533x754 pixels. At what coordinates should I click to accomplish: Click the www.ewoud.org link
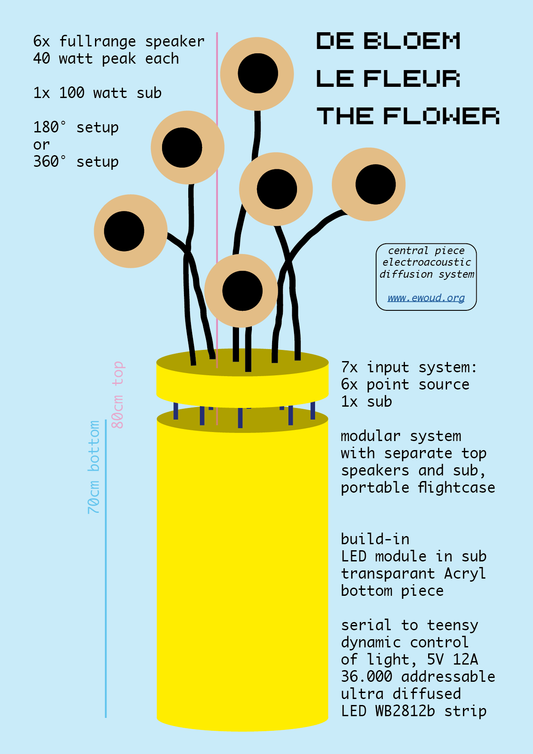[426, 298]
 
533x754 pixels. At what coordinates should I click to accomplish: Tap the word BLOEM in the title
[412, 41]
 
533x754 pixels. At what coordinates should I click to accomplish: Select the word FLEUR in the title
[412, 79]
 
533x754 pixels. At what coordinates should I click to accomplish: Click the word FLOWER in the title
[441, 116]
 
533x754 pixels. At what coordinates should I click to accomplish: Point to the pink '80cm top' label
[117, 395]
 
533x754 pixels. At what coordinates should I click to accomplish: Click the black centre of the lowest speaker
[242, 291]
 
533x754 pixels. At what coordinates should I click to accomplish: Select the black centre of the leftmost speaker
[124, 231]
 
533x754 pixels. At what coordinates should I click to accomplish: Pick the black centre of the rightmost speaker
[376, 184]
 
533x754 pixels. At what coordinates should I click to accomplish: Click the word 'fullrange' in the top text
[98, 42]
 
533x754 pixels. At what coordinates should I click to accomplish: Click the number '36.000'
[367, 677]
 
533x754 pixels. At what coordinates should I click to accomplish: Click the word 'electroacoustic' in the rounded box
[426, 262]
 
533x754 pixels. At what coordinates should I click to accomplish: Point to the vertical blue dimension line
[106, 567]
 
